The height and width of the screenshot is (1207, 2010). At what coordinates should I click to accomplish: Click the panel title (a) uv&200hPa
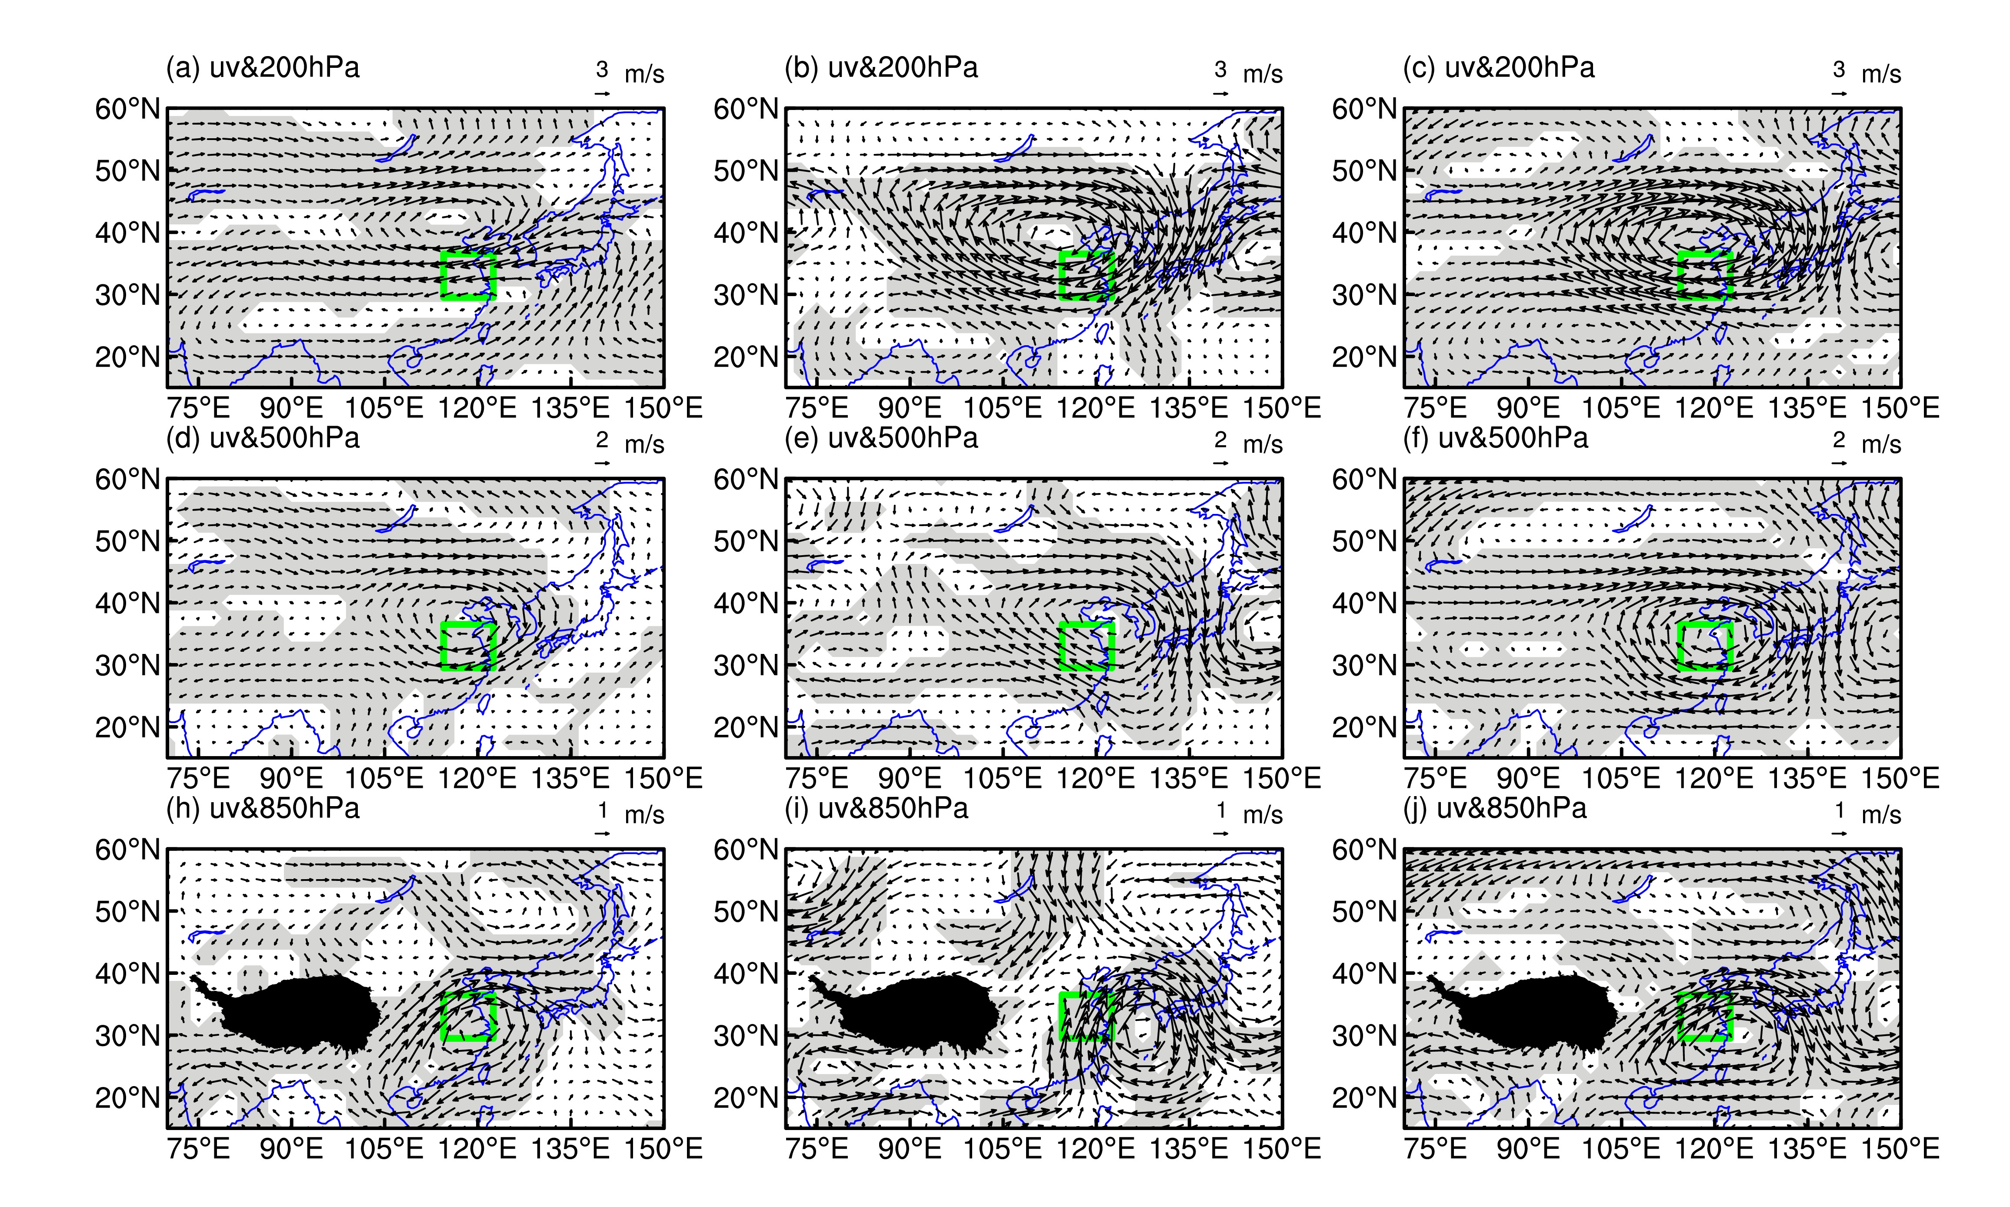(x=263, y=67)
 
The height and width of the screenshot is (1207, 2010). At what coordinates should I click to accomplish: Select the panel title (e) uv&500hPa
(x=881, y=438)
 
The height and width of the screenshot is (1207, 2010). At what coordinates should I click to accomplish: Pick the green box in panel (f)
(x=1705, y=624)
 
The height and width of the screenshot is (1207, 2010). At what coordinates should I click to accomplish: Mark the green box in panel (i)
(x=1087, y=994)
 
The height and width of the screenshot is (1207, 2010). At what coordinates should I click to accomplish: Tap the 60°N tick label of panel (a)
(x=128, y=109)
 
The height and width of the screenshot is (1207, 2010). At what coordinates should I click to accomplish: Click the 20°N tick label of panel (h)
(x=128, y=1098)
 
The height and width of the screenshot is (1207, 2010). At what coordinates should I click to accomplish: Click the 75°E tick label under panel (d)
(x=198, y=778)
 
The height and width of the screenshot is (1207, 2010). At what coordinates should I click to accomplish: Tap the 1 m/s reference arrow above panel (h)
(x=603, y=834)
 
